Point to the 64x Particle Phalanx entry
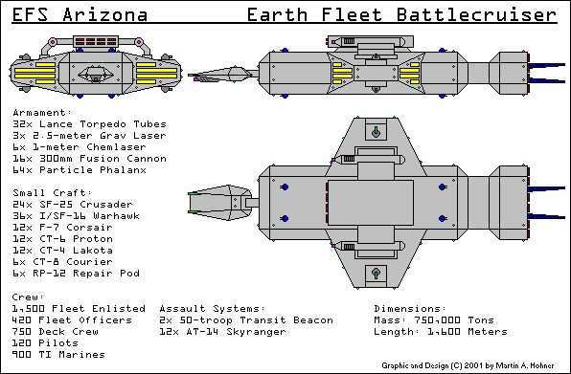[x=79, y=170]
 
